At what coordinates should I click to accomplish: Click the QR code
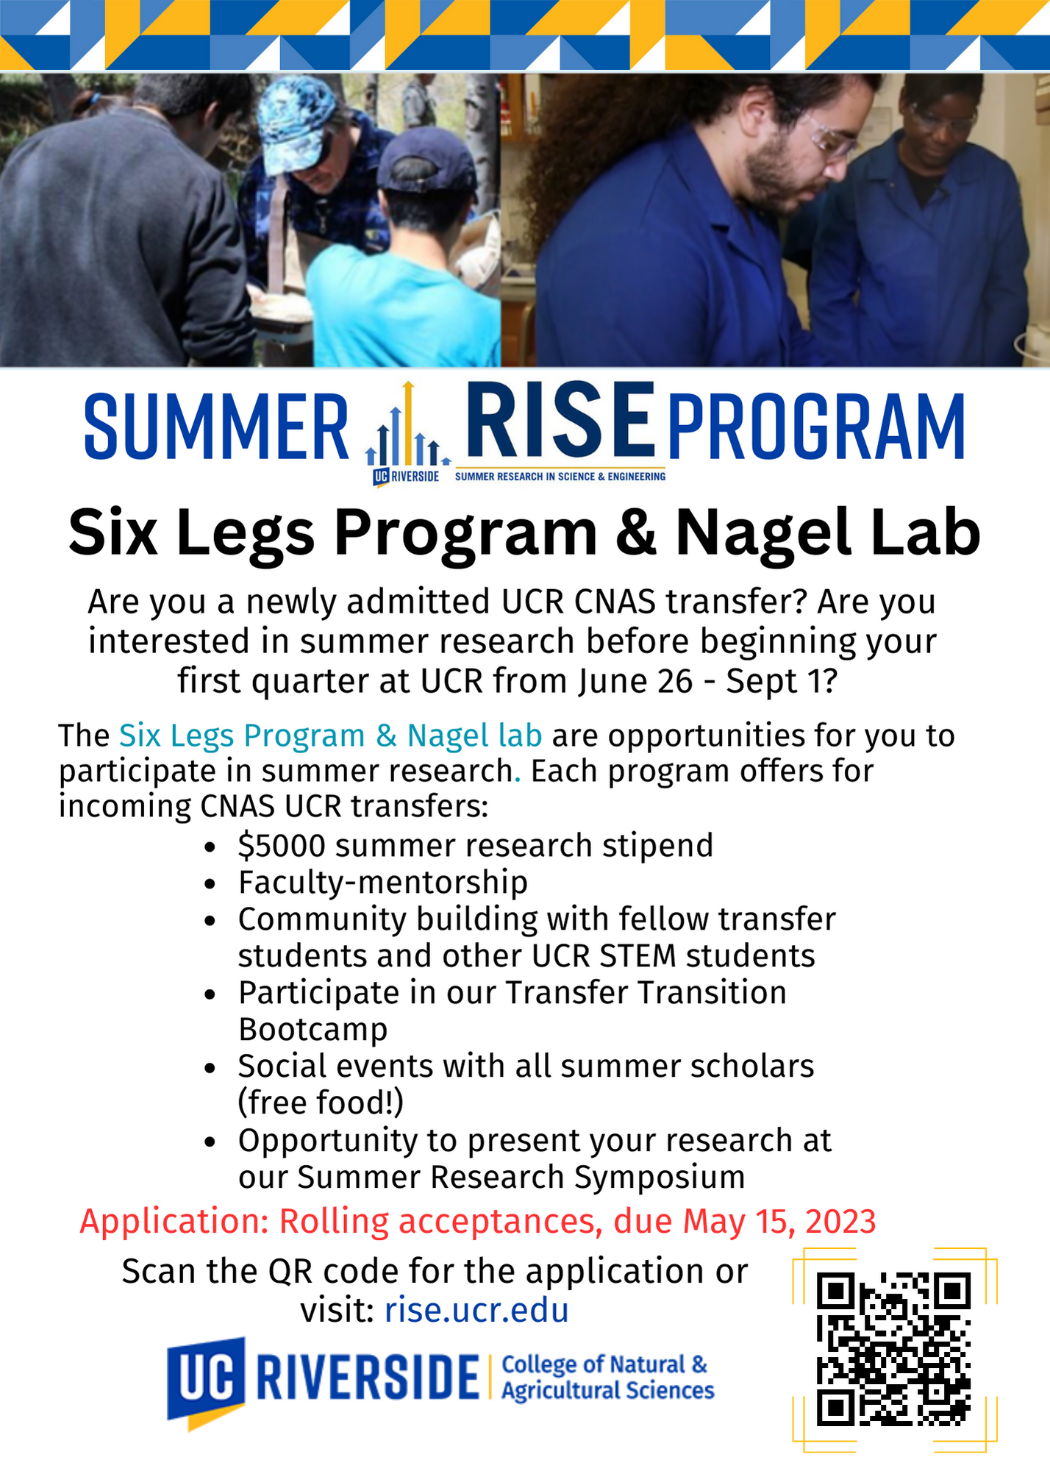point(893,1350)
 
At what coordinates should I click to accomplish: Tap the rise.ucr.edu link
point(476,1310)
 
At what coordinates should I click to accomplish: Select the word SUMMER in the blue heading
point(216,427)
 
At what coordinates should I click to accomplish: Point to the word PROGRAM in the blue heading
point(816,427)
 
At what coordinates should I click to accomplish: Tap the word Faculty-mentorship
point(383,882)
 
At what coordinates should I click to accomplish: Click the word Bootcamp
point(312,1030)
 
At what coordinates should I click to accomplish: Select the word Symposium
point(660,1178)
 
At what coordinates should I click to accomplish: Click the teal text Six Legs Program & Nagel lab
point(331,735)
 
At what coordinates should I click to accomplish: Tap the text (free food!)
point(321,1103)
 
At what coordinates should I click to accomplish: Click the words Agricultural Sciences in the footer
point(608,1391)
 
